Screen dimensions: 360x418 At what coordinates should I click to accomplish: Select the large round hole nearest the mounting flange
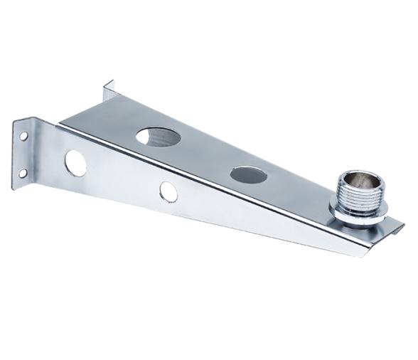pos(75,163)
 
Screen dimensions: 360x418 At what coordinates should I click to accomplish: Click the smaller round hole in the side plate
pos(168,190)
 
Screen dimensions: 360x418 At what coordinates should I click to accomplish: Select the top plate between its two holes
pos(203,155)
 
